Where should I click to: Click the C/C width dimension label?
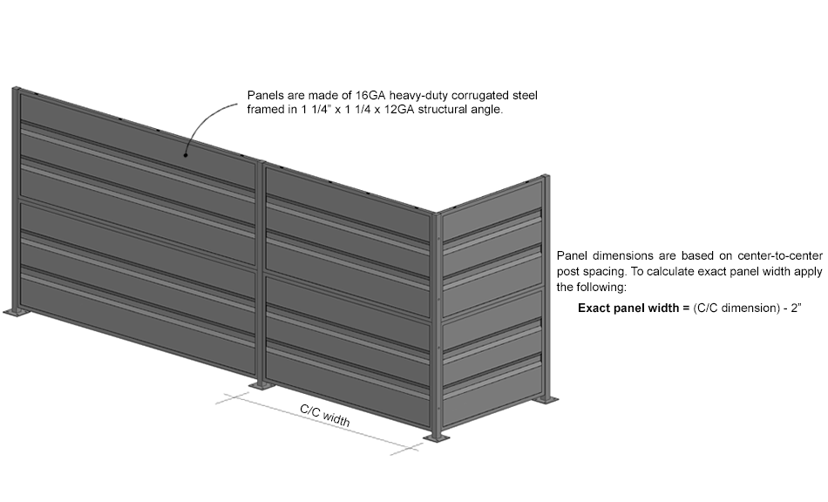(x=325, y=416)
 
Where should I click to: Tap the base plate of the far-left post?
(x=16, y=312)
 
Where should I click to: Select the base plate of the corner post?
(x=437, y=438)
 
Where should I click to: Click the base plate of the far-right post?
(x=547, y=399)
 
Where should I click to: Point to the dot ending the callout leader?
(x=186, y=154)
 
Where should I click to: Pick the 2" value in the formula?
(x=797, y=308)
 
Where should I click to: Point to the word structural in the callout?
(x=442, y=110)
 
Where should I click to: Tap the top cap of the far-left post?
(x=16, y=89)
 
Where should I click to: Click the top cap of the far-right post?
(x=545, y=177)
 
